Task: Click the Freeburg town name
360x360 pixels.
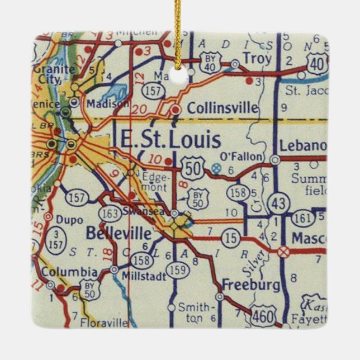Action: pos(250,285)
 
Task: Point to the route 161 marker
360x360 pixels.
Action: pos(304,216)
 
